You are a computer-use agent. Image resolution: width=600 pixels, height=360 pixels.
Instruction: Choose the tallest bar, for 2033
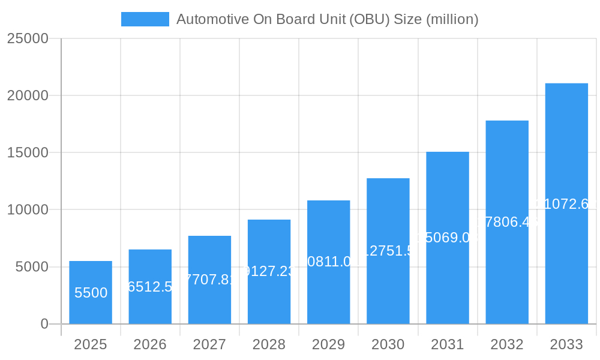566,203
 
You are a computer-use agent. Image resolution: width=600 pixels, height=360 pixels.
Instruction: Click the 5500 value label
91,293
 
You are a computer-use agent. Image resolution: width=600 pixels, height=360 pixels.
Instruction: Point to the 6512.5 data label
150,287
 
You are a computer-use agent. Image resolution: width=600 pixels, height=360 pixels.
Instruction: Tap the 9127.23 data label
269,271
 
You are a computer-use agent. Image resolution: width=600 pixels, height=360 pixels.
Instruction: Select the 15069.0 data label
448,238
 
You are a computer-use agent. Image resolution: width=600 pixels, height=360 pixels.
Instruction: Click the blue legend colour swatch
145,19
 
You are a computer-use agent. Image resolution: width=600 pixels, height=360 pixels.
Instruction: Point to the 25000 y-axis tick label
27,38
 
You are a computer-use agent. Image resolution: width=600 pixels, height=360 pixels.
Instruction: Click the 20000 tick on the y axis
27,95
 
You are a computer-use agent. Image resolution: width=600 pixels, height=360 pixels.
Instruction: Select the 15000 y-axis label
27,152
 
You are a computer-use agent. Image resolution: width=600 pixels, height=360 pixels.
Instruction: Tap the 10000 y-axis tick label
27,210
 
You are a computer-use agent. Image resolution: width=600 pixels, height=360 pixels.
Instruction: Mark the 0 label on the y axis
44,324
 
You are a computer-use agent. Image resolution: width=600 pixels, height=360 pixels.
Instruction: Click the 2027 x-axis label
209,344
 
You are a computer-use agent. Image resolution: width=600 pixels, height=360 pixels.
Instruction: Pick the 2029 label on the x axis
328,344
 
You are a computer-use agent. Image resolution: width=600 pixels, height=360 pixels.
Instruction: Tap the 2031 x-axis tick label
448,344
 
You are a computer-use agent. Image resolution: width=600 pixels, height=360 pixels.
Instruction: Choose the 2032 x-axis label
507,344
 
